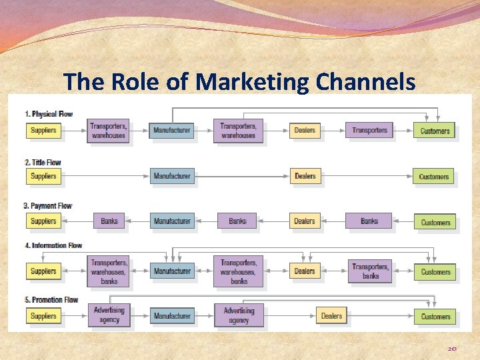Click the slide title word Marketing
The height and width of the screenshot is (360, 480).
point(254,82)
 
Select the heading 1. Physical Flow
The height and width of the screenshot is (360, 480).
point(49,114)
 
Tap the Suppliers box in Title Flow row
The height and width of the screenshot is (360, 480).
point(43,176)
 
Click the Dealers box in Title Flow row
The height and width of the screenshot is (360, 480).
point(305,176)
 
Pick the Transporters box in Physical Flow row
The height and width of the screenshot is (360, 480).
point(369,130)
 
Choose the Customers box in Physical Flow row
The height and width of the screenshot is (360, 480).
point(435,131)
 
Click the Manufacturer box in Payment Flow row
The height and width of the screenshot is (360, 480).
point(172,221)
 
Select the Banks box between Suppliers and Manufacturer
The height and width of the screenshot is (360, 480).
point(109,221)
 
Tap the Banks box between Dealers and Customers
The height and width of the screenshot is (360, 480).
point(369,221)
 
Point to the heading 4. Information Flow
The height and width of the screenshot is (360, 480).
point(53,245)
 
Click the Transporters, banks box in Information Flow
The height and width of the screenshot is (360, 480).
point(370,271)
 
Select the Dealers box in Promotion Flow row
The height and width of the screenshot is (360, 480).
point(331,316)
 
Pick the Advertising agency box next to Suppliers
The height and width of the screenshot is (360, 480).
point(109,315)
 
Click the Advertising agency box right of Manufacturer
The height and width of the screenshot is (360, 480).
point(239,315)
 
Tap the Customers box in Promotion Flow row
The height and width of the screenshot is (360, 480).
point(435,316)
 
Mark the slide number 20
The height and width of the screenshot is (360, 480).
point(451,349)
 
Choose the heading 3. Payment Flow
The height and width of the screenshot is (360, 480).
point(48,206)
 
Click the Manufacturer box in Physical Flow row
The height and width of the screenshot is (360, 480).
point(171,130)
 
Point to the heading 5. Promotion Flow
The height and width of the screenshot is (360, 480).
point(51,300)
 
